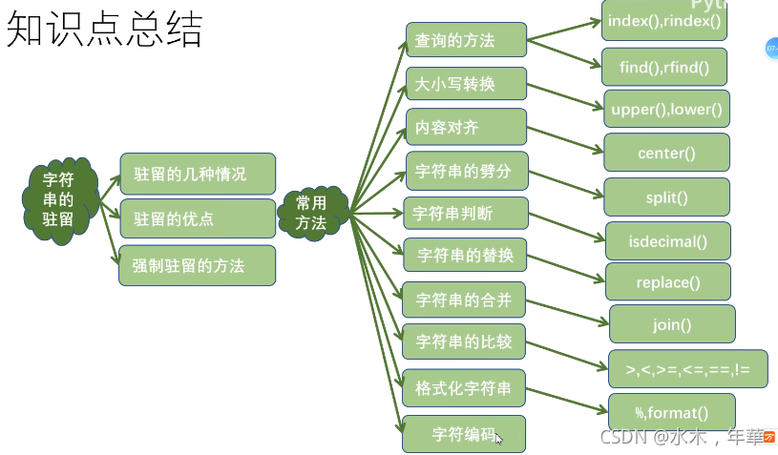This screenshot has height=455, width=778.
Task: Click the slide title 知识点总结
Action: (105, 31)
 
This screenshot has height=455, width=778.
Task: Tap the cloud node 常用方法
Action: (311, 213)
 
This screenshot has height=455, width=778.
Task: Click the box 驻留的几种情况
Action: (198, 174)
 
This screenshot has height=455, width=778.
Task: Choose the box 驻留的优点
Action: (198, 219)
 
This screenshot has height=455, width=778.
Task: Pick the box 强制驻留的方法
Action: (198, 265)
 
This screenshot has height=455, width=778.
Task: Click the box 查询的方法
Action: (466, 41)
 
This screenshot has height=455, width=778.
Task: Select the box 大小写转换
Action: (466, 84)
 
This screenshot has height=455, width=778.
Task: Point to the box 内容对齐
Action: (466, 127)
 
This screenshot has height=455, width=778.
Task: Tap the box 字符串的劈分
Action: (466, 171)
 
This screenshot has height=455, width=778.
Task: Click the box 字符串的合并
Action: (464, 301)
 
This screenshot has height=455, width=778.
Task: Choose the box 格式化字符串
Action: (464, 388)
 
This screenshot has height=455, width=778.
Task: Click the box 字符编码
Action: (464, 434)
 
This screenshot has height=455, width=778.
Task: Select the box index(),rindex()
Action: (663, 20)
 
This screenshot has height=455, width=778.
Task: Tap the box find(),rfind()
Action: (663, 67)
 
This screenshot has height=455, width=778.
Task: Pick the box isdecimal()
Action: (668, 241)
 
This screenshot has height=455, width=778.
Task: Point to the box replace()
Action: (668, 282)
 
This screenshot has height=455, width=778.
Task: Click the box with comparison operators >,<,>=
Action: (687, 368)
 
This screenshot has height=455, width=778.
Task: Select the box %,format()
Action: (672, 412)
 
